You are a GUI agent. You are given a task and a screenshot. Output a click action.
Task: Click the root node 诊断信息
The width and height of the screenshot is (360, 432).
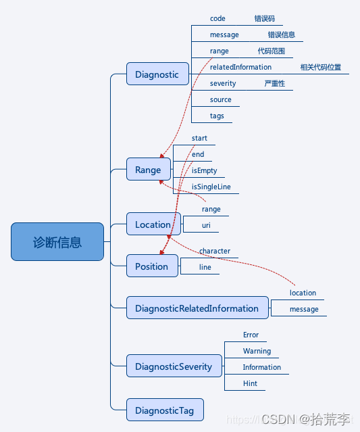click(57, 242)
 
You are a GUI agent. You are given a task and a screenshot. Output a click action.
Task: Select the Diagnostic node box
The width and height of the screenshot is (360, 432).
click(157, 74)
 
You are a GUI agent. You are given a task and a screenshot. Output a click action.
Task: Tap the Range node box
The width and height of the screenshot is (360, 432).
click(148, 170)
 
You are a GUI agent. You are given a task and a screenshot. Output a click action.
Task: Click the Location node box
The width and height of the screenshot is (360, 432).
click(153, 224)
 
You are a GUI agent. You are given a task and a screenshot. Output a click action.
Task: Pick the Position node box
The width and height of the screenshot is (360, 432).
click(152, 266)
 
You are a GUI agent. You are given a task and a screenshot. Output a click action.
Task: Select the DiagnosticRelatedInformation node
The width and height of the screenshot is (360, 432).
click(197, 308)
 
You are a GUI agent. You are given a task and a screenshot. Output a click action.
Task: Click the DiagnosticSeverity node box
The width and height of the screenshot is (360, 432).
click(174, 366)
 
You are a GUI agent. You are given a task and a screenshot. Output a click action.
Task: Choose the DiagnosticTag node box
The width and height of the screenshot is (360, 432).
click(164, 410)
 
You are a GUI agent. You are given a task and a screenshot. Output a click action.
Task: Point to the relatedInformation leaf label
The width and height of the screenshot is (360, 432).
click(240, 67)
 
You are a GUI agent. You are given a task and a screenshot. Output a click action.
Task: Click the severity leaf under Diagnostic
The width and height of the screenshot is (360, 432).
click(223, 83)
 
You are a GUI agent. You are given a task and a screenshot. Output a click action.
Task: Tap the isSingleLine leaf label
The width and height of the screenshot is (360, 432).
click(215, 187)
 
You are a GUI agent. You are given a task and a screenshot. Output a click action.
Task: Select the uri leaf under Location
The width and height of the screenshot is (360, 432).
click(207, 225)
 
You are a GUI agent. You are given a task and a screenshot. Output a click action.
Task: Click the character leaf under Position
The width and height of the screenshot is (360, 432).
click(214, 251)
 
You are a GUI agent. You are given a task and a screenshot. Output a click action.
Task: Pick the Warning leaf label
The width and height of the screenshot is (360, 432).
click(257, 351)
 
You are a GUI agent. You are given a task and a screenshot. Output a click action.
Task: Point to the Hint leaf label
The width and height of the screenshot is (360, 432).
click(250, 383)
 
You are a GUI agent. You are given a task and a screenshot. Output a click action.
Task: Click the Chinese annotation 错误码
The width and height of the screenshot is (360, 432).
click(264, 18)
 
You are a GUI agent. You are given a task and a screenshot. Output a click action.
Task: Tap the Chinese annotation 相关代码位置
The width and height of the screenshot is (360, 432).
click(320, 67)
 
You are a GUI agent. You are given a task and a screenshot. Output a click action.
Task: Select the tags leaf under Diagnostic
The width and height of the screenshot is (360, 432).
click(217, 116)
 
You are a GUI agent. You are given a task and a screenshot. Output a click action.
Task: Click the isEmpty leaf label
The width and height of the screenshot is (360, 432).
click(204, 170)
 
